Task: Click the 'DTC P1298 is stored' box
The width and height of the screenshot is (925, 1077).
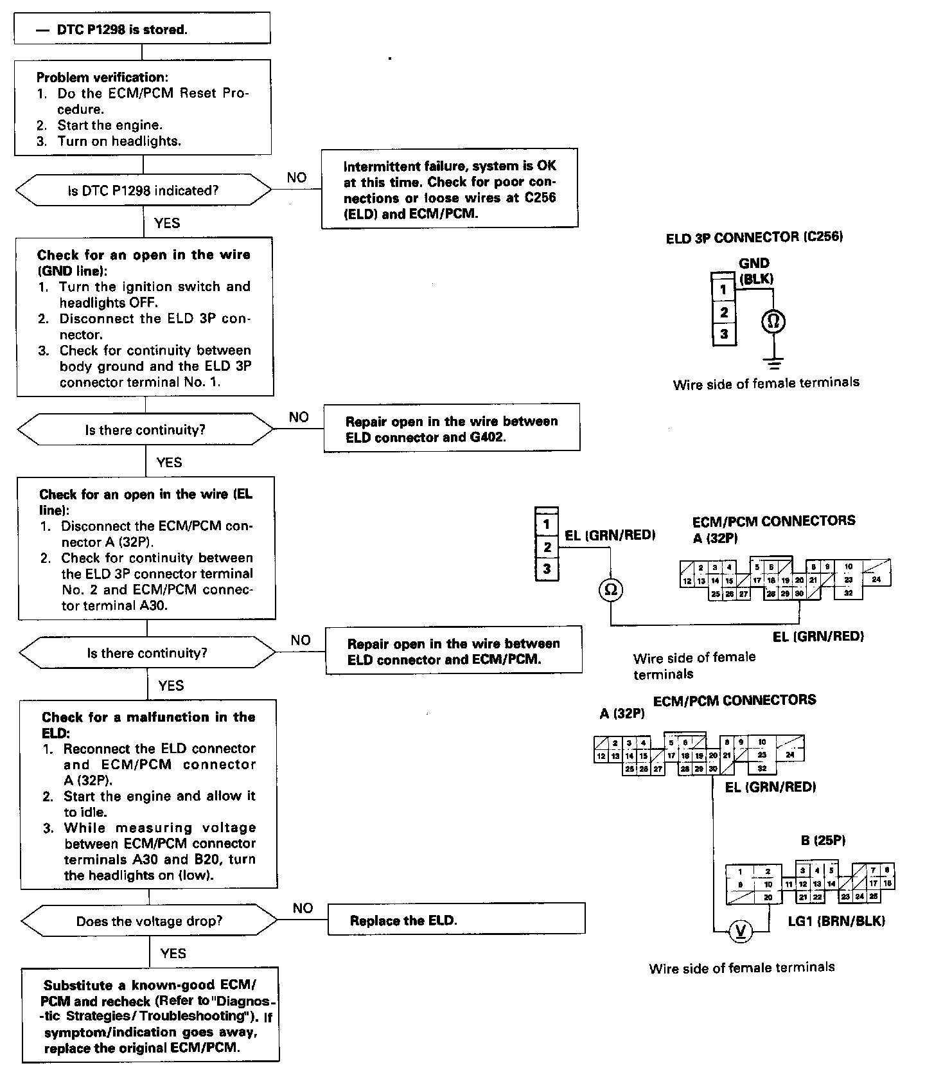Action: (142, 30)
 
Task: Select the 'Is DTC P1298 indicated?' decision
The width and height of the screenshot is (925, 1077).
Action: (143, 191)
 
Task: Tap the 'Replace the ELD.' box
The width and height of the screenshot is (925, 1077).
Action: (456, 920)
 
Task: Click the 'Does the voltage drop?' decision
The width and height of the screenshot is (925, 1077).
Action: (149, 921)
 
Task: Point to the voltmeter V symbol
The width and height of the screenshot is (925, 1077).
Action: (740, 931)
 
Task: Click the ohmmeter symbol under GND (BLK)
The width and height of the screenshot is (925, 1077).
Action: (773, 321)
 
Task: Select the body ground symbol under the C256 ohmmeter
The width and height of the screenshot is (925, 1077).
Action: (774, 364)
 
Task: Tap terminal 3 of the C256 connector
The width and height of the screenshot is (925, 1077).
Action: (724, 334)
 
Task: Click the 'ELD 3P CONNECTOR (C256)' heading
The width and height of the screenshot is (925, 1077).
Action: (754, 238)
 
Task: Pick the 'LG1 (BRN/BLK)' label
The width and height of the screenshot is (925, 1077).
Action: (836, 921)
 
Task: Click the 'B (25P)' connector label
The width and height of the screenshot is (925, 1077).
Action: (823, 840)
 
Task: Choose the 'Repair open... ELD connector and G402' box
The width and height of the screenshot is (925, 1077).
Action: (452, 429)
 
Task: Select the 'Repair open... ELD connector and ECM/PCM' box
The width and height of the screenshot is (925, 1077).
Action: (454, 651)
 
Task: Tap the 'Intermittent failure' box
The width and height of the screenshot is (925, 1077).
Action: (449, 190)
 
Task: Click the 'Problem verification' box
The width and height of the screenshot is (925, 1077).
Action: (142, 109)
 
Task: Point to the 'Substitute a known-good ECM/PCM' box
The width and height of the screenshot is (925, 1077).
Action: (151, 1016)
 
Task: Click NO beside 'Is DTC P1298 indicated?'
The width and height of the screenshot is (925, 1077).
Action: (296, 178)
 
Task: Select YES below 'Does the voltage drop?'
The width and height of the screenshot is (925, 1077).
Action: (173, 953)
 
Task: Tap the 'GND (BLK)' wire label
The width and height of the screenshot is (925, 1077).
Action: (755, 271)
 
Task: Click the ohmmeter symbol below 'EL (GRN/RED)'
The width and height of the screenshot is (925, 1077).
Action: (610, 589)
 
